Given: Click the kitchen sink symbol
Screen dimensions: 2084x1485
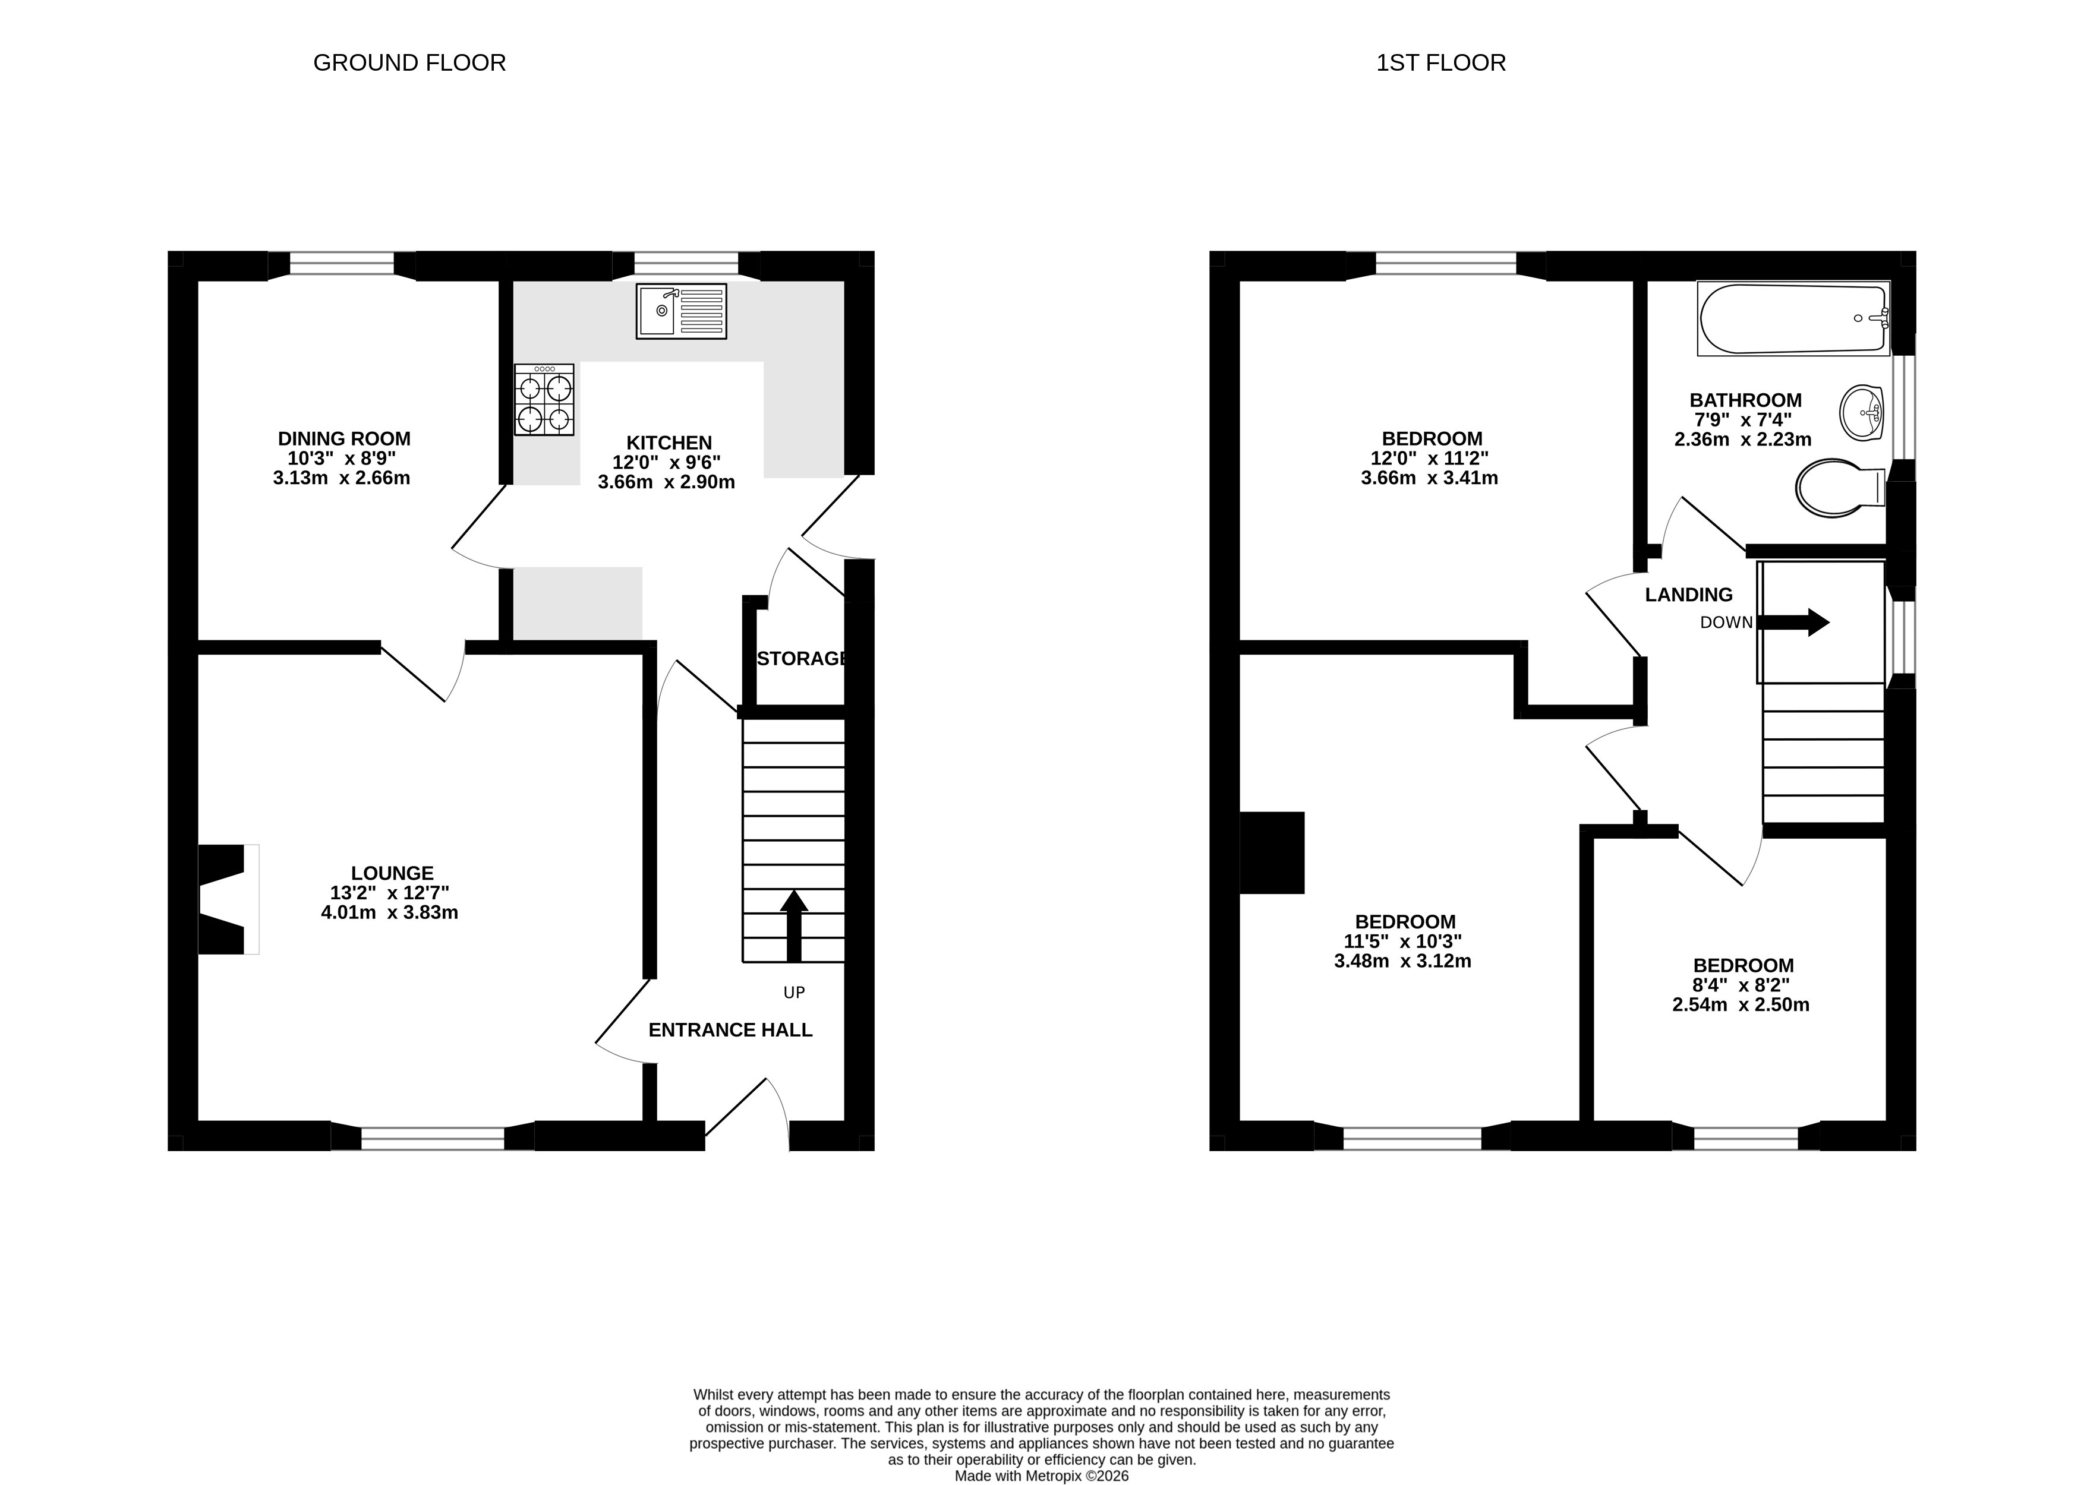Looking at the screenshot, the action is pyautogui.click(x=682, y=311).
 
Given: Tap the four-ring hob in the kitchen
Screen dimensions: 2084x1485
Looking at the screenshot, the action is pyautogui.click(x=544, y=400).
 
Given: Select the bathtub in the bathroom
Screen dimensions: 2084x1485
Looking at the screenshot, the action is pyautogui.click(x=1793, y=318).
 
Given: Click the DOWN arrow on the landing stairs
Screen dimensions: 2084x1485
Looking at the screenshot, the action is pyautogui.click(x=1793, y=623).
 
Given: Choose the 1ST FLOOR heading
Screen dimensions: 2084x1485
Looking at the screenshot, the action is pyautogui.click(x=1441, y=62).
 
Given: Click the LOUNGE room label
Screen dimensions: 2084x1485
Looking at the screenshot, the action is pyautogui.click(x=392, y=873).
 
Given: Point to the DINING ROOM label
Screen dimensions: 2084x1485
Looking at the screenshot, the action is pyautogui.click(x=344, y=439).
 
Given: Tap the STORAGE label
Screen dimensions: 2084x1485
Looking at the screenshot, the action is pyautogui.click(x=802, y=658).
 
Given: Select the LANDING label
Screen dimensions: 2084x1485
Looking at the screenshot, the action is pyautogui.click(x=1689, y=595).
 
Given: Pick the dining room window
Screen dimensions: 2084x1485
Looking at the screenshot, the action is pyautogui.click(x=342, y=265).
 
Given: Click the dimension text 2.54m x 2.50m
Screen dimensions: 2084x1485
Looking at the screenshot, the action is pyautogui.click(x=1741, y=1005).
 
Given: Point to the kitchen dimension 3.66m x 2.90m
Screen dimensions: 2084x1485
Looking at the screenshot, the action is pyautogui.click(x=666, y=482).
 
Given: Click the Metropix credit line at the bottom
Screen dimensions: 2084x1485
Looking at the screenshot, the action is pyautogui.click(x=1041, y=1476).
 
